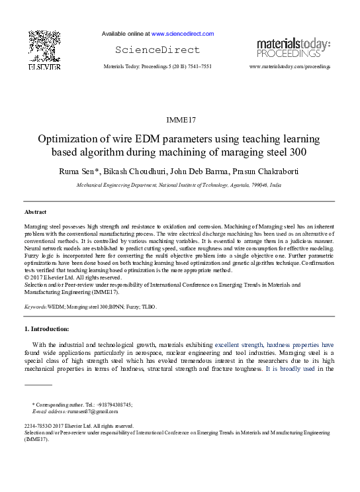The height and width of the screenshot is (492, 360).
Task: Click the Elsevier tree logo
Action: [x=44, y=49]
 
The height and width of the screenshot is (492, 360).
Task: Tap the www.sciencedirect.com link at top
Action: [x=183, y=34]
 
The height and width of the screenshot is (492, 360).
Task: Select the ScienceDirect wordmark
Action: [x=157, y=50]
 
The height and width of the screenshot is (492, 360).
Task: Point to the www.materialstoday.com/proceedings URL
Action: [x=289, y=68]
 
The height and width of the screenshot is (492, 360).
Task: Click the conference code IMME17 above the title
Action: [x=180, y=120]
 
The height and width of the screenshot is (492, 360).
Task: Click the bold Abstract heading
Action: [x=35, y=212]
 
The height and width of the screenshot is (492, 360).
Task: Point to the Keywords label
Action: [x=35, y=308]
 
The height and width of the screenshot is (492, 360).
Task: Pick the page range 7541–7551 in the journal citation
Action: [x=197, y=68]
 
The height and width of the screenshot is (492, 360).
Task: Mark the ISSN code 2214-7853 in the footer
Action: [x=38, y=426]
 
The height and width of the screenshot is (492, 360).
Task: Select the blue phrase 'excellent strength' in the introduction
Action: [x=239, y=345]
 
